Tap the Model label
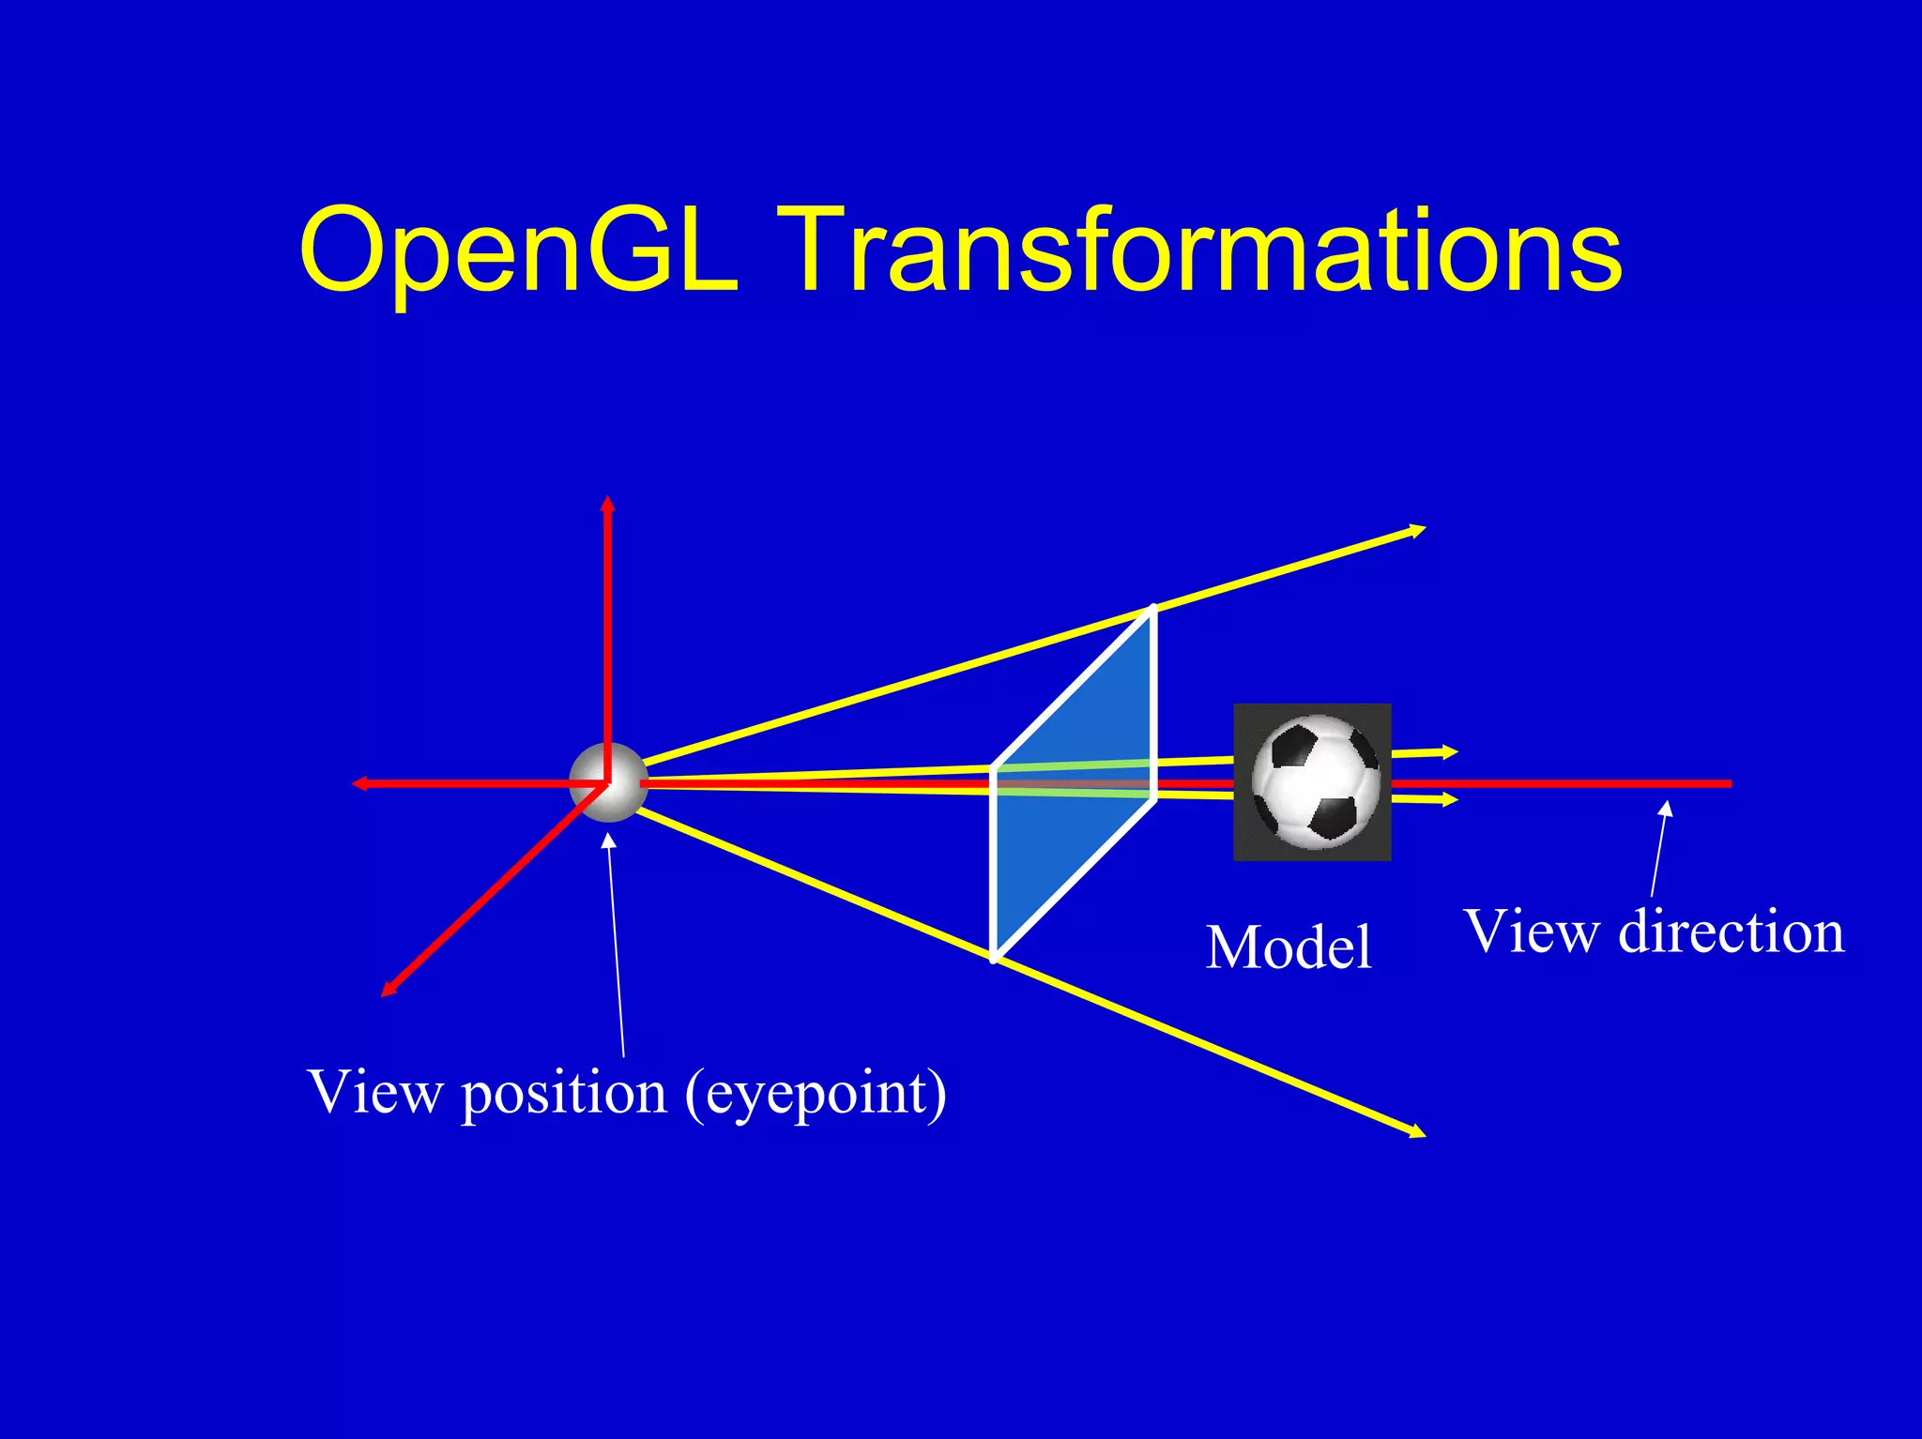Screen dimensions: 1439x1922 pyautogui.click(x=1289, y=947)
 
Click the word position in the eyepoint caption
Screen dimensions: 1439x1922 pyautogui.click(x=564, y=1094)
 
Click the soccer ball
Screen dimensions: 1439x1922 pyautogui.click(x=1314, y=781)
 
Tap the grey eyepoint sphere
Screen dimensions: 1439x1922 pyautogui.click(x=608, y=782)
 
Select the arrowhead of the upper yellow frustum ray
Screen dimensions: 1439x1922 pyautogui.click(x=1419, y=531)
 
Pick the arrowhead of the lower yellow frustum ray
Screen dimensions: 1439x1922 pyautogui.click(x=1418, y=1133)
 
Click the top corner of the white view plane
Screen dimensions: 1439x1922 pyautogui.click(x=1152, y=610)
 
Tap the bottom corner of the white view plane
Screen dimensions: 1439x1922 pyautogui.click(x=994, y=957)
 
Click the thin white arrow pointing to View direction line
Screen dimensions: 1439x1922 pyautogui.click(x=1659, y=849)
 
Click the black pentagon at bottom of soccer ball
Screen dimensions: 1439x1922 pyautogui.click(x=1333, y=816)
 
